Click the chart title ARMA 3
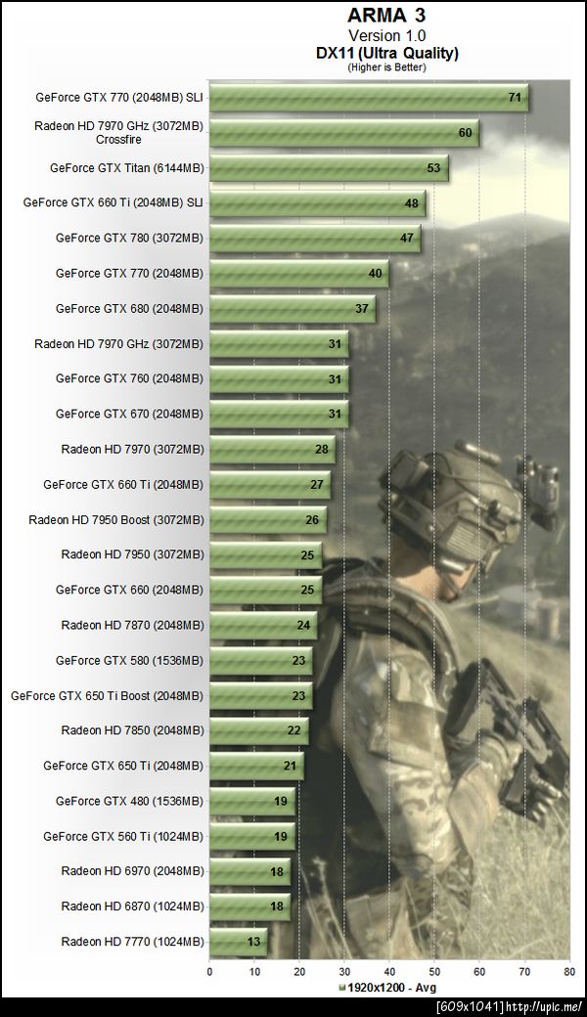tap(387, 16)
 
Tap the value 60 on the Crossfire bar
tap(465, 133)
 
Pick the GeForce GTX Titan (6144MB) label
tap(127, 168)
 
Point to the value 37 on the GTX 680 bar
tap(362, 309)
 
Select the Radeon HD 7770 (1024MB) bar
tap(238, 943)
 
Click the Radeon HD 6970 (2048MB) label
tap(133, 871)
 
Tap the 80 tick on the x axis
tap(569, 972)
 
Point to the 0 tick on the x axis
tap(209, 972)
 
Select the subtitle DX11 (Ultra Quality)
tap(387, 53)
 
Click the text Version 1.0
tap(387, 35)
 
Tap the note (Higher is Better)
tap(387, 66)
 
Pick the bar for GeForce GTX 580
tap(260, 661)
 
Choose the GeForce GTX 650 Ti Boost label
tap(108, 696)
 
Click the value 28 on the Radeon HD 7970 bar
tap(321, 450)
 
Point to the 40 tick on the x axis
tap(389, 972)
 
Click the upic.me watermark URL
tap(559, 1006)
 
